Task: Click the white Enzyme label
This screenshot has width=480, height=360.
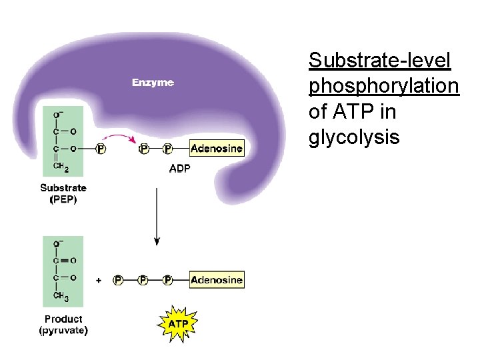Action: point(153,83)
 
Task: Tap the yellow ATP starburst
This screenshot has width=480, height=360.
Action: point(177,323)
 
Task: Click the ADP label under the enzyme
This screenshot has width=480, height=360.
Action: point(179,169)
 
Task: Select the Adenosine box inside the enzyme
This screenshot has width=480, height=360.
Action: point(217,148)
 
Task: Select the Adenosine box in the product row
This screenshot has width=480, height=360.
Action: point(217,280)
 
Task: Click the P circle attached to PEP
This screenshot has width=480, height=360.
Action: point(101,148)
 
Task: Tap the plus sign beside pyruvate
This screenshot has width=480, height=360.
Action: point(99,281)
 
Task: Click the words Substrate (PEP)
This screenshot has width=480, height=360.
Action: point(63,194)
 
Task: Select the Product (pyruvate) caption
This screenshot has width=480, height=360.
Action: point(63,325)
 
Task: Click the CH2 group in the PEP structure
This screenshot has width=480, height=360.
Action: point(61,167)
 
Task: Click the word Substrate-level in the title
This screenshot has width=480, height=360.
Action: point(380,61)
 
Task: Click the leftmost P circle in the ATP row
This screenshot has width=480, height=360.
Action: point(118,280)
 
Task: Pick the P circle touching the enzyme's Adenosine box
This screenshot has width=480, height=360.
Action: point(168,148)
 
